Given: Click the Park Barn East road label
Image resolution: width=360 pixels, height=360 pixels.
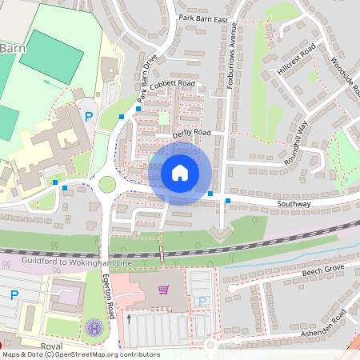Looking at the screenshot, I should point(203,18).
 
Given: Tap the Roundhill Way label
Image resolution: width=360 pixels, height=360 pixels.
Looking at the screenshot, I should point(297,143).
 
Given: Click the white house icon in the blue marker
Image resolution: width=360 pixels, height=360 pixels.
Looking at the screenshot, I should point(180,173).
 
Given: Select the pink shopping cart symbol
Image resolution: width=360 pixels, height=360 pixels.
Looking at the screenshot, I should point(163,289).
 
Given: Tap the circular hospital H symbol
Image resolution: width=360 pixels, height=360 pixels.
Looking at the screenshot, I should point(94,327).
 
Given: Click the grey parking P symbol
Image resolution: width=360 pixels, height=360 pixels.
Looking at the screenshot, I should point(202,301).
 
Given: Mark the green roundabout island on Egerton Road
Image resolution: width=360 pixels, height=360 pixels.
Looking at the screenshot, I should point(106,184).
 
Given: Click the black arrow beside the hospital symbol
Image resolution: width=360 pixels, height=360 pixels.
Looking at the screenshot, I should point(129,319).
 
